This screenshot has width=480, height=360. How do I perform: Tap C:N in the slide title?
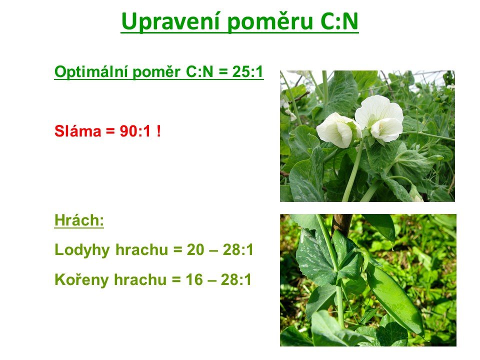point(339,21)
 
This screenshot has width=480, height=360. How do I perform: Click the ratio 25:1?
point(248,71)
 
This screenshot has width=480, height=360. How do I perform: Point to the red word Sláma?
point(78,131)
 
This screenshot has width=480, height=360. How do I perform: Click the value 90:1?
point(135,131)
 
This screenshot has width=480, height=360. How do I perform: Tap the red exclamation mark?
point(158,131)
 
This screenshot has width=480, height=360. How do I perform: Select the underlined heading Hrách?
point(79,220)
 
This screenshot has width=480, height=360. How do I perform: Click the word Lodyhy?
point(82,250)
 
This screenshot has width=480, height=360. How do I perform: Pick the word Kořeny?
point(81,279)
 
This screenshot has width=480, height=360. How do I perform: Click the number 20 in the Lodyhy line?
point(195,250)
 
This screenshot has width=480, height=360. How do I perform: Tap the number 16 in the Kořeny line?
point(194,279)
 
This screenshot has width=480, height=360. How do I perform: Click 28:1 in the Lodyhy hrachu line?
point(238,250)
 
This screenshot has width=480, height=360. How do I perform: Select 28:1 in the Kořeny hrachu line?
point(236,279)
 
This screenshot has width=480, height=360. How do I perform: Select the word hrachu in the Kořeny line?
point(140,279)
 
